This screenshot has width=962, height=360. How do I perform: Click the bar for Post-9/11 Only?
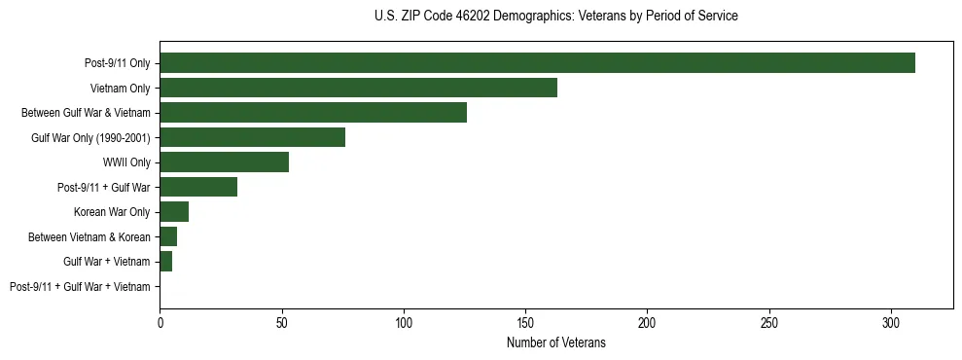pos(537,63)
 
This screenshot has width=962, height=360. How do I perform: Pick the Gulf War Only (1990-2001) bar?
pos(252,137)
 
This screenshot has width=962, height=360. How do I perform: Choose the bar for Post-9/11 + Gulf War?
pos(198,187)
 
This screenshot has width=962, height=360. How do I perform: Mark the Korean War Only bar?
pos(174,212)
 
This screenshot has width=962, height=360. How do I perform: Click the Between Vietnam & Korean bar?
pos(168,236)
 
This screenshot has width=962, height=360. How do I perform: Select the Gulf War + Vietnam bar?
pos(165,262)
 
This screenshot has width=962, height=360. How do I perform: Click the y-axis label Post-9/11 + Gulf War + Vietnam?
pos(80,287)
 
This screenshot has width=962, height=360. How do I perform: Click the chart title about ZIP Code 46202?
pos(555,17)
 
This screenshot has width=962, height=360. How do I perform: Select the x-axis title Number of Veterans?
pos(555,343)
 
